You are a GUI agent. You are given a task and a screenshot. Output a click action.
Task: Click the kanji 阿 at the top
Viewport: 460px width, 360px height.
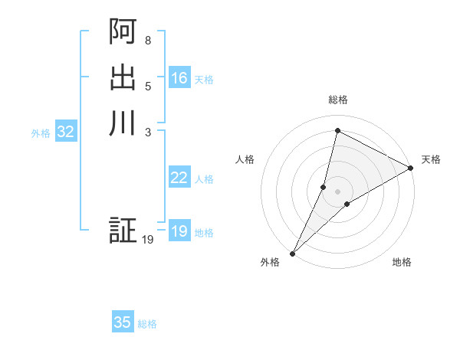click(123, 32)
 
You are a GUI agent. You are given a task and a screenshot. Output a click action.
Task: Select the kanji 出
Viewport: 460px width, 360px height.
click(123, 77)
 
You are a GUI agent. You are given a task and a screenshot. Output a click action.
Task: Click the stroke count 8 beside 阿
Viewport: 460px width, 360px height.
click(148, 40)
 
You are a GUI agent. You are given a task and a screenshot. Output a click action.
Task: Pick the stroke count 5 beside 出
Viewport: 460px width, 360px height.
click(148, 86)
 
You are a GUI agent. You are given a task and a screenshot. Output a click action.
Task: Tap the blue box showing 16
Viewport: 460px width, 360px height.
click(179, 78)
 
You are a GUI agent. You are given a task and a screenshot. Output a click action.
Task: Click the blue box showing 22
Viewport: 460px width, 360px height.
click(179, 178)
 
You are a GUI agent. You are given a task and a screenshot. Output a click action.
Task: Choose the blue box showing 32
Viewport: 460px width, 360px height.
click(66, 132)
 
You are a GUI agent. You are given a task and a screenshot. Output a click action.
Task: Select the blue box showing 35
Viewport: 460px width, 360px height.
click(123, 322)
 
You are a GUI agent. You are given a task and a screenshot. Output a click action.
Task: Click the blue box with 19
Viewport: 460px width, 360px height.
click(179, 231)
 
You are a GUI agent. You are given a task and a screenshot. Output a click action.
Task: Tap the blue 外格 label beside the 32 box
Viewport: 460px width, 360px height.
click(41, 133)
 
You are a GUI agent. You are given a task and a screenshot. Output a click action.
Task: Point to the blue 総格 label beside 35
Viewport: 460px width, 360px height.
click(147, 324)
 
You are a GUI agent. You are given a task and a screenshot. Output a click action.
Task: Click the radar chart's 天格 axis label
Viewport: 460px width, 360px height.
click(431, 159)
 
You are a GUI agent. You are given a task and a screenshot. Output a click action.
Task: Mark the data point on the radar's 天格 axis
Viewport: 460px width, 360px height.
click(411, 169)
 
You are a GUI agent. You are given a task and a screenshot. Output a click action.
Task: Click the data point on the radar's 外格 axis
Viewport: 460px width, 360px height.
click(293, 253)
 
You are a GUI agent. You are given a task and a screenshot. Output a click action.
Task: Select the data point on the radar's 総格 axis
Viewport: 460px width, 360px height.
click(337, 130)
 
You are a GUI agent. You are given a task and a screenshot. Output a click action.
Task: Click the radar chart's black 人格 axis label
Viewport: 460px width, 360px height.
click(245, 159)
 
